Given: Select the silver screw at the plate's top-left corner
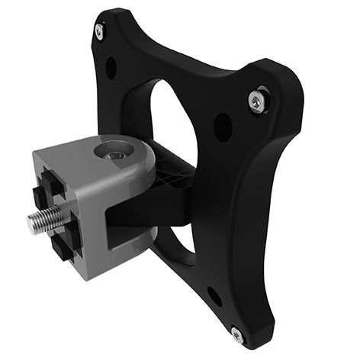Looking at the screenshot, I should click(99, 31).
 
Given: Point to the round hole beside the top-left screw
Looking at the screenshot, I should click(111, 68).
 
